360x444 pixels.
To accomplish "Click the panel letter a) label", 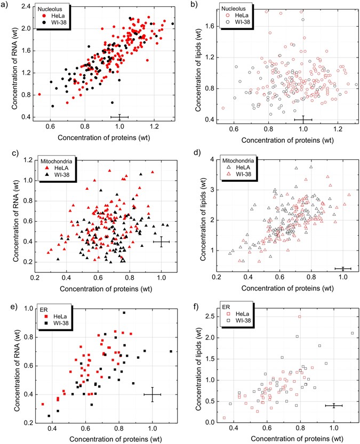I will click(x=5, y=5).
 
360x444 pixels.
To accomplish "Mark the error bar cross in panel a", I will click(x=119, y=117).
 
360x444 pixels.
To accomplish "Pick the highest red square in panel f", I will click(x=300, y=317).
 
